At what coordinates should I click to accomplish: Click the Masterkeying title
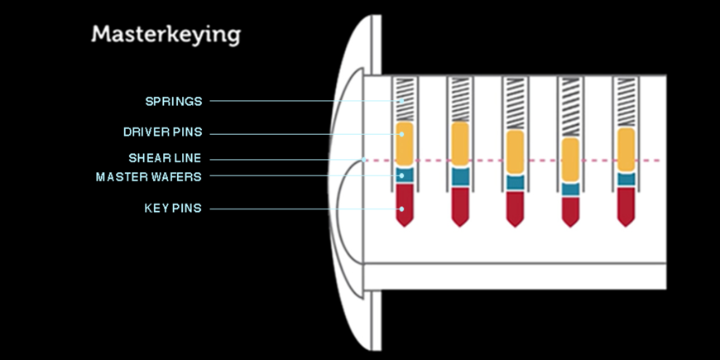[166, 35]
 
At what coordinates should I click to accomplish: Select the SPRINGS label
[173, 102]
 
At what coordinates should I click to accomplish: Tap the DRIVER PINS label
[162, 132]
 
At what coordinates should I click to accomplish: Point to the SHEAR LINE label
[165, 158]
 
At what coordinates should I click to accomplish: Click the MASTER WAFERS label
[148, 176]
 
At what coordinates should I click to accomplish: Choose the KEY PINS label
[172, 209]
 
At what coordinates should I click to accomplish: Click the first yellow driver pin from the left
[404, 145]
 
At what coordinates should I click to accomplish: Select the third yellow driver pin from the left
[515, 153]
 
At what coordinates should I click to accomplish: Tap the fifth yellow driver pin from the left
[626, 150]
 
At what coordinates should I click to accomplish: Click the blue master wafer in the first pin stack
[404, 175]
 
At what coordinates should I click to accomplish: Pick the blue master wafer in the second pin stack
[460, 176]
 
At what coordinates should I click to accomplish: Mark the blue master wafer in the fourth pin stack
[570, 189]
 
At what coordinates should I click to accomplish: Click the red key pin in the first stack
[404, 203]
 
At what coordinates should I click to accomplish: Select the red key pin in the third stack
[515, 207]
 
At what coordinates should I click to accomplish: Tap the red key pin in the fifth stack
[626, 205]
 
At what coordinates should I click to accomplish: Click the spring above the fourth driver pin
[570, 108]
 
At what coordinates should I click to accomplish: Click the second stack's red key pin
[460, 204]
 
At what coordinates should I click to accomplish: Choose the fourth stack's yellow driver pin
[570, 160]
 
